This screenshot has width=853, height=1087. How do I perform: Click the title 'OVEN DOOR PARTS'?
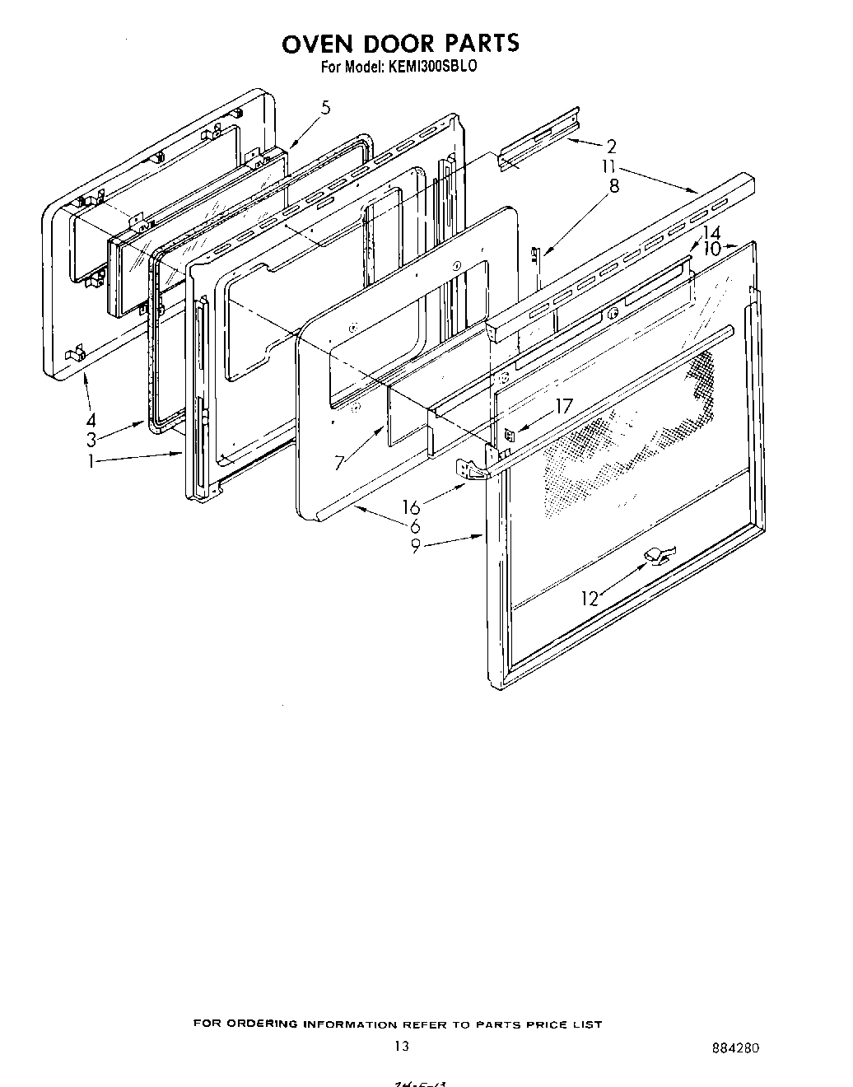point(400,43)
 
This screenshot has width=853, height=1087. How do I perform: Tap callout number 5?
point(326,108)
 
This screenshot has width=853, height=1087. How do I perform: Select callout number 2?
point(611,147)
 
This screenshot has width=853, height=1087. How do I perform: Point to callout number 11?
point(608,167)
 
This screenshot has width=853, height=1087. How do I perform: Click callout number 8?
point(613,185)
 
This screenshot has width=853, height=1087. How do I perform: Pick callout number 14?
point(711,233)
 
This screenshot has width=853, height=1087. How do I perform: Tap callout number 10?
point(712,248)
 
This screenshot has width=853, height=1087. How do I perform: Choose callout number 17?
point(562,406)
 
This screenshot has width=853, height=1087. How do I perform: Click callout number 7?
point(339,462)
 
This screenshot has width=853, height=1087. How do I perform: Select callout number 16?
point(411,507)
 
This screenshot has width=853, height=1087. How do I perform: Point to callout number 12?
point(590,599)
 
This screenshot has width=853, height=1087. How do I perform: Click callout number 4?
point(91,418)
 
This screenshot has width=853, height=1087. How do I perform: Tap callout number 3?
point(91,440)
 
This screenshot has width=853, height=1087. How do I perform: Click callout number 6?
point(415,525)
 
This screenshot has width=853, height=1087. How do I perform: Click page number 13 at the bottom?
point(401,1047)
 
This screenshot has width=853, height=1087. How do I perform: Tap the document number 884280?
point(735,1048)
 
